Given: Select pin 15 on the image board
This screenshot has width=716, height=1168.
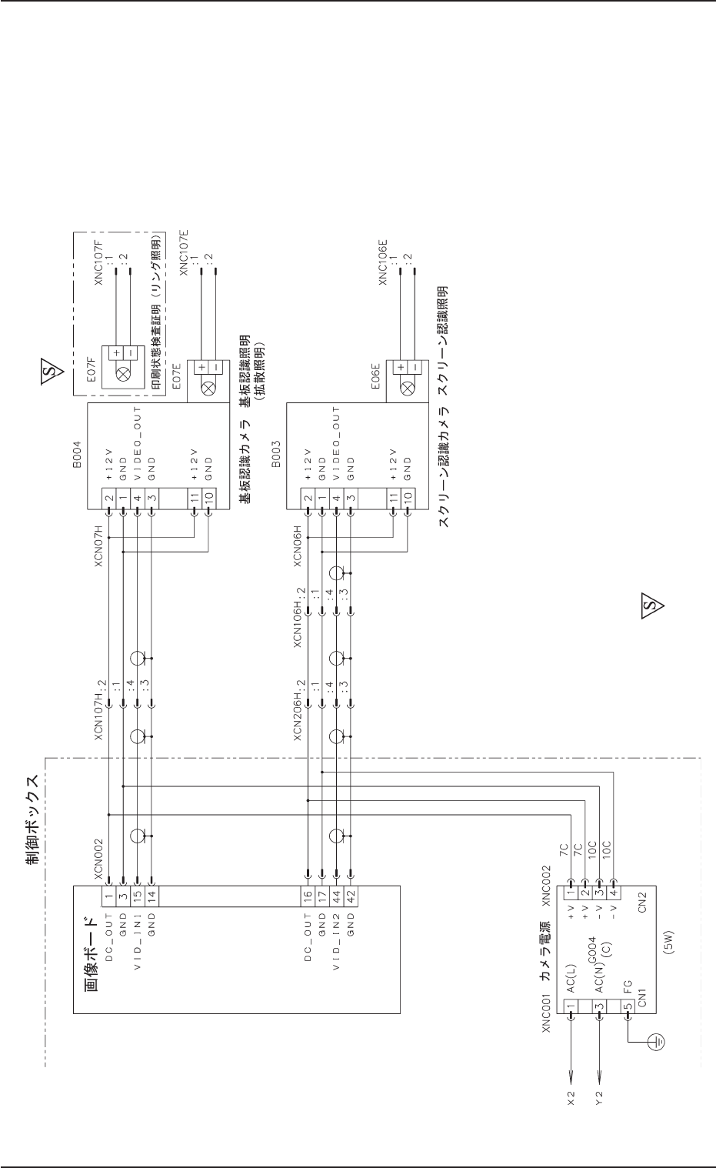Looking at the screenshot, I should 138,895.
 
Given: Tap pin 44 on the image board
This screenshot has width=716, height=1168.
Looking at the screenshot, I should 336,895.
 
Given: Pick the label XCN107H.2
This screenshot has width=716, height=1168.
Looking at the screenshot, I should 98,707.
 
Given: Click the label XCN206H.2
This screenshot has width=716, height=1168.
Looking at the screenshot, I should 298,707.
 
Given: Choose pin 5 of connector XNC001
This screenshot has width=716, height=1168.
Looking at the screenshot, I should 628,1006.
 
